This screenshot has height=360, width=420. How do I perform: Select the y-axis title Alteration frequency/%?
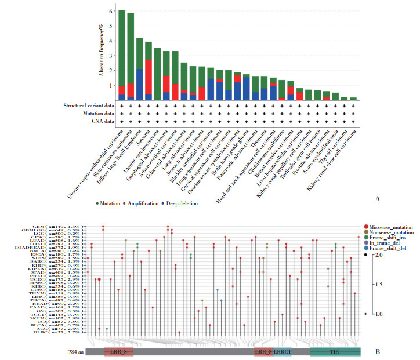pyautogui.click(x=100, y=49)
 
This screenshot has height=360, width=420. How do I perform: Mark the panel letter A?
pyautogui.click(x=378, y=199)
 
